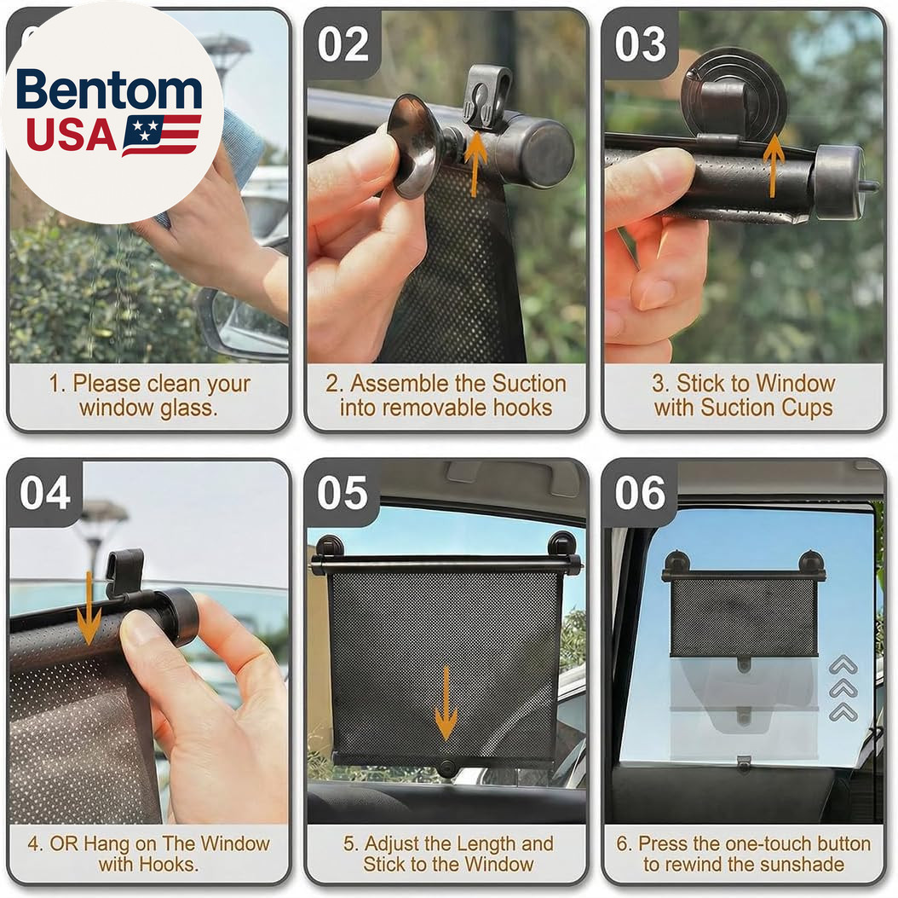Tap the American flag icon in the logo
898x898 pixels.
coord(161,136)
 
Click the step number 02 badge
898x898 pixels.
coord(343,44)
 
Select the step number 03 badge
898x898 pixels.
coord(641,44)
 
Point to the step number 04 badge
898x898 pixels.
coord(45,493)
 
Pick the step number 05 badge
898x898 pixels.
coord(343,493)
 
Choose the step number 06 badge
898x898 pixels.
coord(641,493)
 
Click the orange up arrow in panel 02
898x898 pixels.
coord(475,164)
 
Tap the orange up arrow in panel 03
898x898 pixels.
coord(773,165)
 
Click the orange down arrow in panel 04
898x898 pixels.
coord(89,607)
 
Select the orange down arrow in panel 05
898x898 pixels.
coord(446,704)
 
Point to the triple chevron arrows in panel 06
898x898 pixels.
coord(843,688)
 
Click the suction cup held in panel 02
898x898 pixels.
coord(413,146)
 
